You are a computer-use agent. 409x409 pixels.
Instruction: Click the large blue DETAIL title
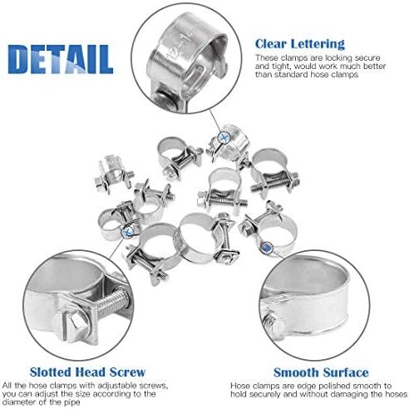[61, 59]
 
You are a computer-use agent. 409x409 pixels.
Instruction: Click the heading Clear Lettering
[300, 44]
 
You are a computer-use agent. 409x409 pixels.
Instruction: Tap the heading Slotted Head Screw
[87, 372]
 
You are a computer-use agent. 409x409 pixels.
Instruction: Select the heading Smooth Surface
[321, 372]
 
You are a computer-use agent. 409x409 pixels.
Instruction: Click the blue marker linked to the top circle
[224, 138]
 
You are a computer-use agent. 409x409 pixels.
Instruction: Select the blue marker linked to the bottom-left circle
[127, 231]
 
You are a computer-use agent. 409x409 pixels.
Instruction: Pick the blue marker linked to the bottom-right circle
[268, 247]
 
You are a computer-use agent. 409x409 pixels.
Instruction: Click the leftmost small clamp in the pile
[114, 174]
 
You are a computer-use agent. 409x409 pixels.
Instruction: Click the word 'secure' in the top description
[367, 58]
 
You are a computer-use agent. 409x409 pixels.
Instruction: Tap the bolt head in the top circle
[164, 100]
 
